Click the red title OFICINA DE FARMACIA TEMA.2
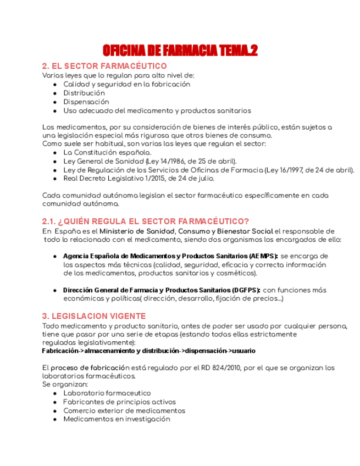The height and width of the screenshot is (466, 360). (180, 51)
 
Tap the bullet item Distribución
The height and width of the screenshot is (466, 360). (84, 93)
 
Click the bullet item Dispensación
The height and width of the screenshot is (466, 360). (86, 102)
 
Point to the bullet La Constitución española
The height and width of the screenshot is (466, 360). (107, 152)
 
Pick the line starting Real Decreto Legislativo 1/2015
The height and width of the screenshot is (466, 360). (139, 179)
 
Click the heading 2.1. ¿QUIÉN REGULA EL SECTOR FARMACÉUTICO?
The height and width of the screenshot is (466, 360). (145, 221)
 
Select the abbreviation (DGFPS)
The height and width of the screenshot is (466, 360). (246, 290)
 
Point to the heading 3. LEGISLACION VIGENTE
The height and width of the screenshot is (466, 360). (94, 316)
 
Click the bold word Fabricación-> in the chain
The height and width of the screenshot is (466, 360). (63, 351)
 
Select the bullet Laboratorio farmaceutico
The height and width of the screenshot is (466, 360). (107, 393)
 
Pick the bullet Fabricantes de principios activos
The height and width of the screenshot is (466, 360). (119, 402)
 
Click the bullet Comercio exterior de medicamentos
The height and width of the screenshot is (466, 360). (124, 410)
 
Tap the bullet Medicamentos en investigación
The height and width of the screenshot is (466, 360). (117, 419)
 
